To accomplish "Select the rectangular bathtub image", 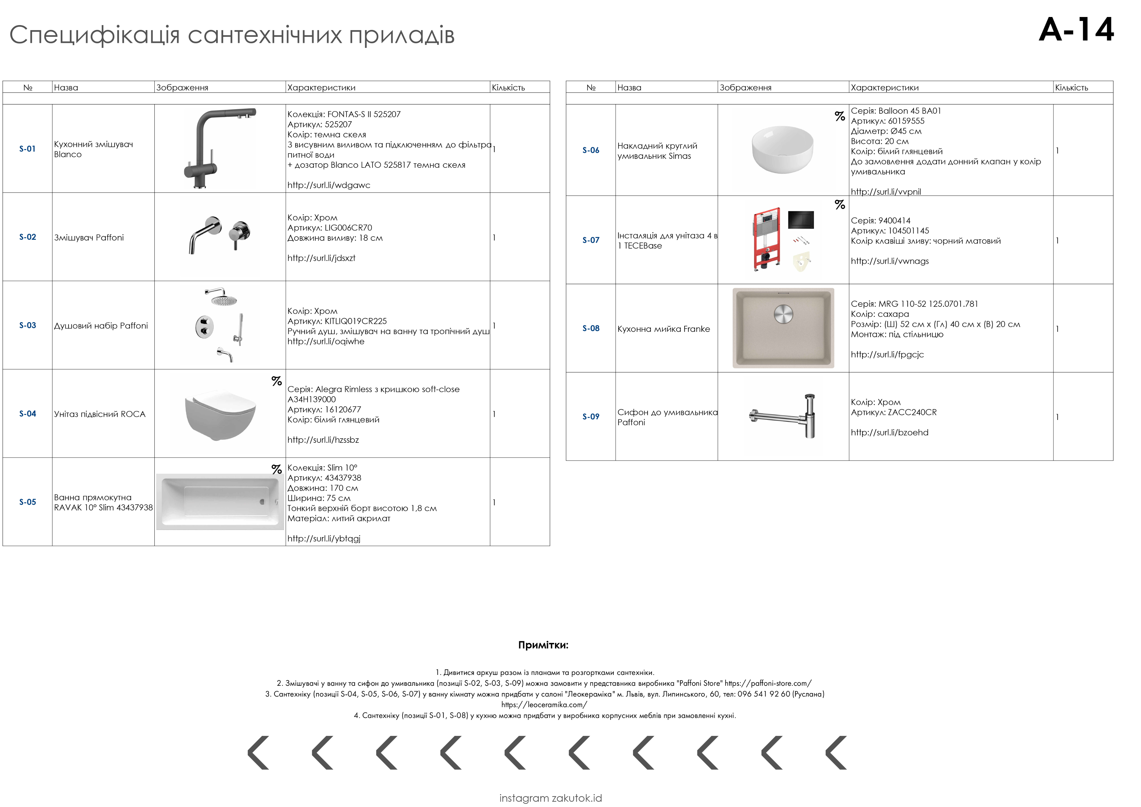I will point(220,501).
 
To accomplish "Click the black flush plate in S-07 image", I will point(801,219).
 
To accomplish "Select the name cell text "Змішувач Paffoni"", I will point(89,238).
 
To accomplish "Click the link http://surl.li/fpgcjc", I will point(887,354).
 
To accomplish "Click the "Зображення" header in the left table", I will point(182,87).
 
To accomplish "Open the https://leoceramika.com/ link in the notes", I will point(544,704).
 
